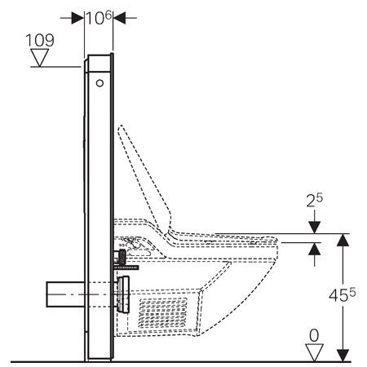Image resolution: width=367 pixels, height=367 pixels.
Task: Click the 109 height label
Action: pyautogui.click(x=40, y=40)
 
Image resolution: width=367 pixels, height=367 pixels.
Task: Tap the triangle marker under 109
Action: pyautogui.click(x=40, y=57)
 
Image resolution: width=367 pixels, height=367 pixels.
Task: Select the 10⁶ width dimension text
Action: pyautogui.click(x=99, y=18)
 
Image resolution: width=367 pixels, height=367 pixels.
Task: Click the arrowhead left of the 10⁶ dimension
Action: pyautogui.click(x=77, y=18)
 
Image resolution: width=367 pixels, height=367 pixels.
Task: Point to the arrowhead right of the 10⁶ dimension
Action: pyautogui.click(x=119, y=18)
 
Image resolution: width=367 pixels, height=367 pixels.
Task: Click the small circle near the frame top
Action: pyautogui.click(x=99, y=83)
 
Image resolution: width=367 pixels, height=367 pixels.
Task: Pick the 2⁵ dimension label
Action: pyautogui.click(x=315, y=201)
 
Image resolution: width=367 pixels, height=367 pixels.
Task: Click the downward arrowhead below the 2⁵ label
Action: pyautogui.click(x=314, y=228)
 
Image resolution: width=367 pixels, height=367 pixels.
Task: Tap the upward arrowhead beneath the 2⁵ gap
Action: pyautogui.click(x=314, y=249)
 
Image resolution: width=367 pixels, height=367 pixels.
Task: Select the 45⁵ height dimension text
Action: pyautogui.click(x=342, y=294)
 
